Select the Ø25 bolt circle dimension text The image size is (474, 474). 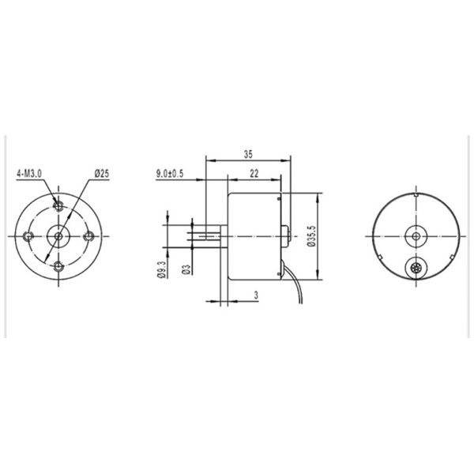100,172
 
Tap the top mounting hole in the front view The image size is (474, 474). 58,205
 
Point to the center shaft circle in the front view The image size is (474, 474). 58,235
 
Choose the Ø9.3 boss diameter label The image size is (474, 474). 162,269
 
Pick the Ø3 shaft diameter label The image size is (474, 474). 186,269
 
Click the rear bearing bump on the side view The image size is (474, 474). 286,235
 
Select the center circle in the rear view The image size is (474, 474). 415,235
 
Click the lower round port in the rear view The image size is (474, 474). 415,269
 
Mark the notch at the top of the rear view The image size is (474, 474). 415,193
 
